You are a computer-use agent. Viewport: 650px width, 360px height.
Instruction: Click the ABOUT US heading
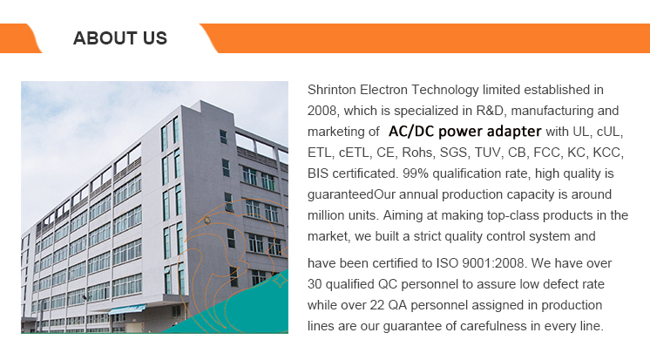(x=120, y=38)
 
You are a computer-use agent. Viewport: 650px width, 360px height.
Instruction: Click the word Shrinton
(x=332, y=90)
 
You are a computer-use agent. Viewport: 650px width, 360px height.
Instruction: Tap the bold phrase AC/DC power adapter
(x=464, y=132)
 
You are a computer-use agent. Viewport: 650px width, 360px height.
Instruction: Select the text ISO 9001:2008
(x=481, y=263)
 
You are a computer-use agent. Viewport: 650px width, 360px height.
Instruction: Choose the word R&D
(x=490, y=111)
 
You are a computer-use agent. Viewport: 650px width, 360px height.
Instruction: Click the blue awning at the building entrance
(x=127, y=309)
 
